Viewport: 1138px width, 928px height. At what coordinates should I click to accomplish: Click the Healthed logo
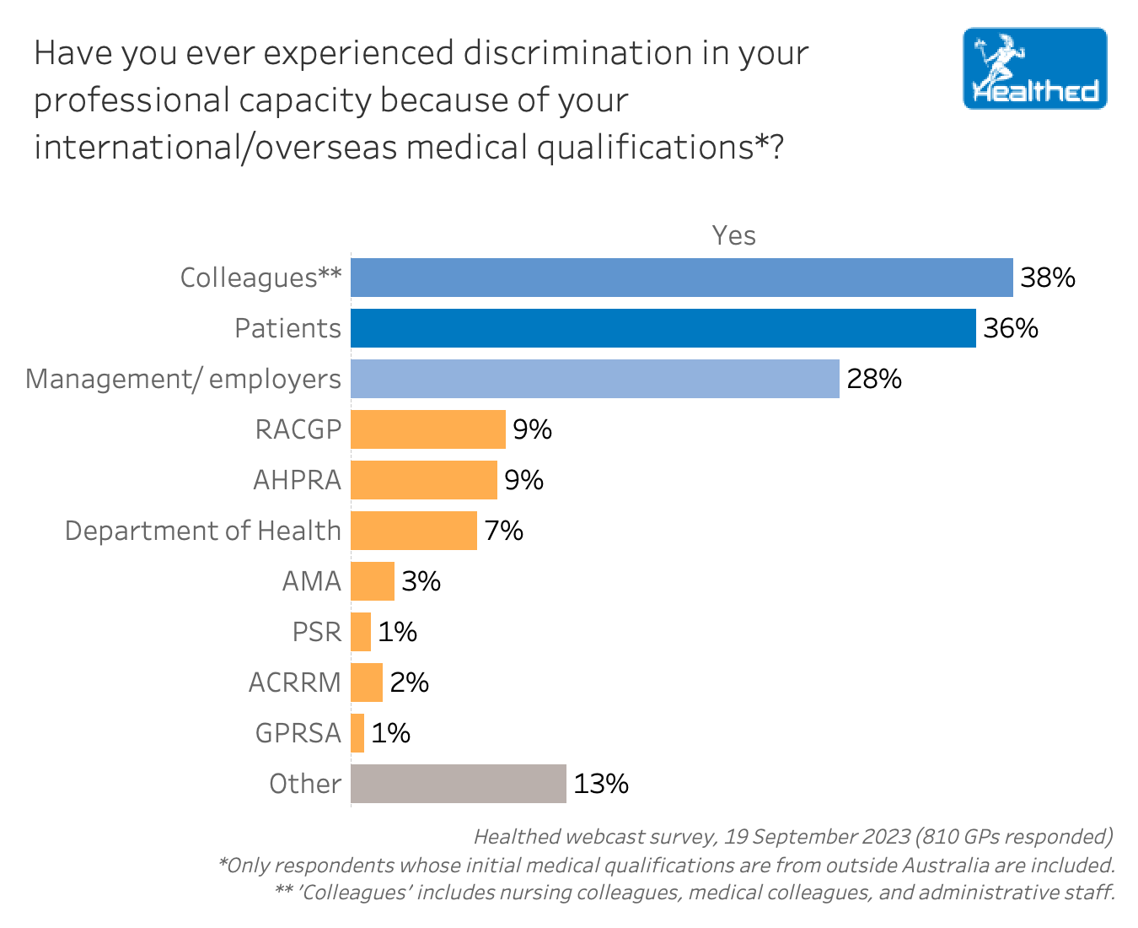tap(1034, 68)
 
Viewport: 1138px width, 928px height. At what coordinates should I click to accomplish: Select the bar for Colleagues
tap(681, 278)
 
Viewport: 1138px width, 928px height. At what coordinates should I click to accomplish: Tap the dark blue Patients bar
tap(663, 328)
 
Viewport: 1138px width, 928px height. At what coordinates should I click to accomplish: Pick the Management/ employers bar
tap(594, 379)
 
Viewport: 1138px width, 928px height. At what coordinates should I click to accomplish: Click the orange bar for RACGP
tap(427, 429)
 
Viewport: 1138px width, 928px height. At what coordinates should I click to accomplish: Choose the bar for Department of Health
tap(413, 531)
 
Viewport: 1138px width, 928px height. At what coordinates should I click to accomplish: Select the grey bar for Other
tap(458, 784)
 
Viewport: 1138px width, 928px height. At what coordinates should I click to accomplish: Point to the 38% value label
tap(1048, 278)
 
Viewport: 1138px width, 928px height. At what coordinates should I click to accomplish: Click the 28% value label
tap(874, 379)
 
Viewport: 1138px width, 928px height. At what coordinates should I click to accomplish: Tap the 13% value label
tap(601, 784)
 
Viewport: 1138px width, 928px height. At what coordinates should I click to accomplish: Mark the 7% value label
tap(503, 531)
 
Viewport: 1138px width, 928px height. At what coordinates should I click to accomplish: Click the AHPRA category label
tap(297, 480)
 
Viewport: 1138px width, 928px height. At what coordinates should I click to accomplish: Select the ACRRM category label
tap(294, 683)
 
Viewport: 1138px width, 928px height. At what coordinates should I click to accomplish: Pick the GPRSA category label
tap(298, 733)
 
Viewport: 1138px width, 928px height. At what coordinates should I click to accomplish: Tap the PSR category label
tap(316, 632)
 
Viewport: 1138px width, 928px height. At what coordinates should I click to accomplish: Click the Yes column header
tap(733, 235)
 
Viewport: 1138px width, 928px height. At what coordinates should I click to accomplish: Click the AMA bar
tap(372, 581)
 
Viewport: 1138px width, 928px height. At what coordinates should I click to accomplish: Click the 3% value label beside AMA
tap(421, 581)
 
